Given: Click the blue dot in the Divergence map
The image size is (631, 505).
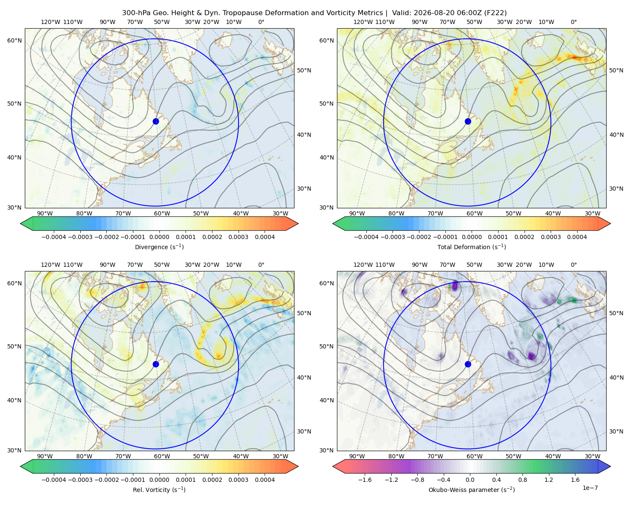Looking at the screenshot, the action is [x=156, y=122].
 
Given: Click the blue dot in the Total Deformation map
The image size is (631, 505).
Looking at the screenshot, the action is [x=468, y=122].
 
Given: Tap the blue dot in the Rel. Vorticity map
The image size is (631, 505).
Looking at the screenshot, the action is [x=156, y=364].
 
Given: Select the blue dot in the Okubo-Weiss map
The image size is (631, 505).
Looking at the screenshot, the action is [x=468, y=364].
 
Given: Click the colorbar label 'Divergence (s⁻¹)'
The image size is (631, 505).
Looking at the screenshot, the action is [x=159, y=247].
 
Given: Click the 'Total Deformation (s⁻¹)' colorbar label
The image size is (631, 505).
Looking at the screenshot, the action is [x=472, y=247].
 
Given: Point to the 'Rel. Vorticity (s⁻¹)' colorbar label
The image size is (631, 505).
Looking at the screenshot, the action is [x=159, y=490].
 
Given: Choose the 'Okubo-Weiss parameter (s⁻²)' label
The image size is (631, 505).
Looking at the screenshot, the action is [x=472, y=490].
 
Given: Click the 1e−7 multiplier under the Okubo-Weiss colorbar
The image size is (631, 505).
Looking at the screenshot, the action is [x=590, y=488].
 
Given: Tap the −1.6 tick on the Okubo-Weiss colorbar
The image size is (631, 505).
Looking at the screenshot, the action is [x=365, y=480].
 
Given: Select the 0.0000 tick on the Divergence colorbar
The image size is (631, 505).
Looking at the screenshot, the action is [x=159, y=237].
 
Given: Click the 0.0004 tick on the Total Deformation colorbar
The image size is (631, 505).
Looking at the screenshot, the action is [x=577, y=237].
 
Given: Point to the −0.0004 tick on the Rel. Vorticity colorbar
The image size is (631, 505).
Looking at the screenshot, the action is [x=54, y=480].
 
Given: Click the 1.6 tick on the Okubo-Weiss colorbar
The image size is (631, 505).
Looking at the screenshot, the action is [x=575, y=480].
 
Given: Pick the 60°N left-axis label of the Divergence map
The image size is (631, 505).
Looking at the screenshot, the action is [x=15, y=40].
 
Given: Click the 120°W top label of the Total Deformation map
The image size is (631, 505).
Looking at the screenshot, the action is [x=363, y=22].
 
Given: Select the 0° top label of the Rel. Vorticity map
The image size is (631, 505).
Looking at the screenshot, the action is [x=261, y=265].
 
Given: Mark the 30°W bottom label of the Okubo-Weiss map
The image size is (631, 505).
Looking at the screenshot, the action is [x=593, y=456].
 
